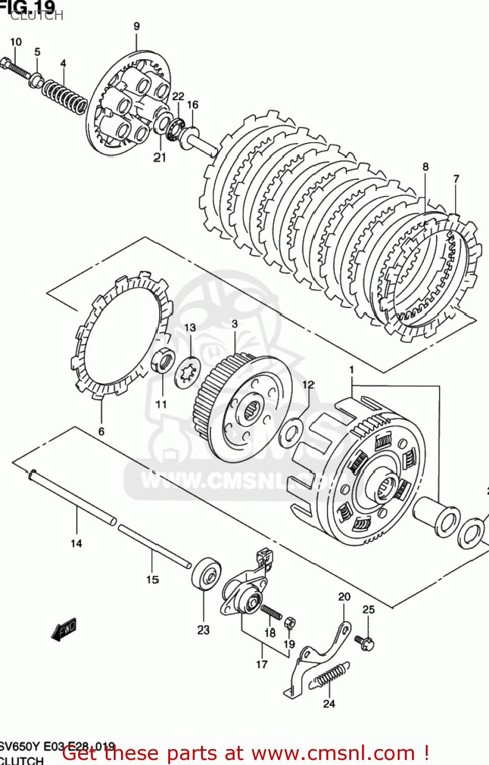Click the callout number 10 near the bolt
pyautogui.click(x=16, y=42)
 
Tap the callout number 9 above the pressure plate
pyautogui.click(x=137, y=26)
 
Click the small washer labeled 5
pyautogui.click(x=36, y=80)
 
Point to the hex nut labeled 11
pyautogui.click(x=163, y=361)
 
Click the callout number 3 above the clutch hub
pyautogui.click(x=235, y=323)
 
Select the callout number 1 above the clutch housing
pyautogui.click(x=351, y=369)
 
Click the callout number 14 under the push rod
pyautogui.click(x=76, y=543)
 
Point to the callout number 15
pyautogui.click(x=152, y=579)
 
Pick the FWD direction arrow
pyautogui.click(x=64, y=629)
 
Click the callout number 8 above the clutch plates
pyautogui.click(x=425, y=167)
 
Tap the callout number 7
pyautogui.click(x=456, y=178)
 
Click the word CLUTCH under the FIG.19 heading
pyautogui.click(x=37, y=16)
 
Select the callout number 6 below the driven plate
pyautogui.click(x=101, y=431)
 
